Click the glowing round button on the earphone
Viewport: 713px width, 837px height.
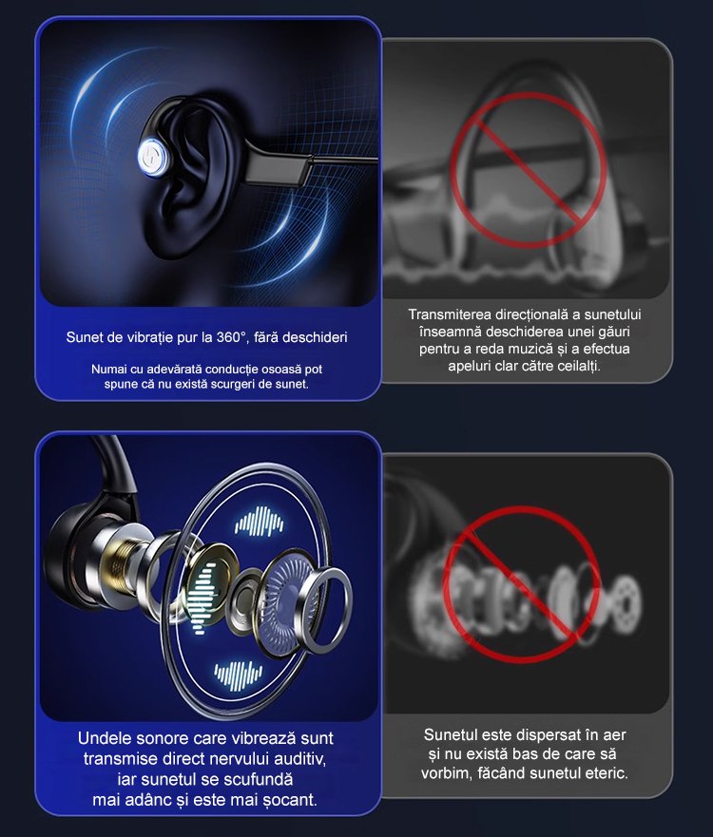coord(154,157)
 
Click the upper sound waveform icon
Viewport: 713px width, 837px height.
coord(259,522)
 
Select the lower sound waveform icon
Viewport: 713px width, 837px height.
coord(239,675)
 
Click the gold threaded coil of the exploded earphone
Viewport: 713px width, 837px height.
coord(126,564)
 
